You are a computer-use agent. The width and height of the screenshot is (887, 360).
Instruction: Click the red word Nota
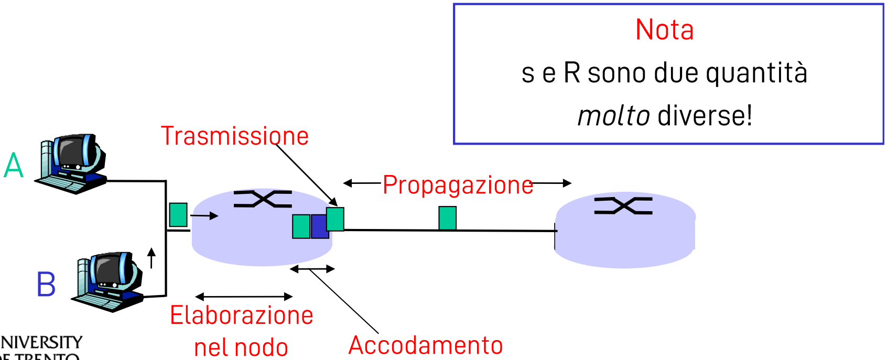664,30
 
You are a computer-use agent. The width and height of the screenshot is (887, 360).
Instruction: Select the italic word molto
613,116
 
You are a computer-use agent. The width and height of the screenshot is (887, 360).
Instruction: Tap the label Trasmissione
234,136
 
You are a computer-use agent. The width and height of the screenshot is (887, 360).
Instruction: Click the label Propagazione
458,185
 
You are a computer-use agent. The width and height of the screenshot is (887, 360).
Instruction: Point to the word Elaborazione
242,315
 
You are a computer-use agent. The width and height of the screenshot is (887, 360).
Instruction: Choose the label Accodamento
426,345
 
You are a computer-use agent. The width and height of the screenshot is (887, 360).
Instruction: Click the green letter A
14,166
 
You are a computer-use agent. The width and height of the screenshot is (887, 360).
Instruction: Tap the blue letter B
46,285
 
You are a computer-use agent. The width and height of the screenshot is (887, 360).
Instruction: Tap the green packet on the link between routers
447,218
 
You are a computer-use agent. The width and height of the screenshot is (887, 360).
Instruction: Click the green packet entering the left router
178,215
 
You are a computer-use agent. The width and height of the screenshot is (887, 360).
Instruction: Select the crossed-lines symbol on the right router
623,206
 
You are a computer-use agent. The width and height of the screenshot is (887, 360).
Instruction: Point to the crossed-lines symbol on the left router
263,199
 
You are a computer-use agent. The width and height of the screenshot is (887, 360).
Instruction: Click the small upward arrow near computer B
152,258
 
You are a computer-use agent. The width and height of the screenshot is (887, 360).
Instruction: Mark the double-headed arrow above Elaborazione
244,297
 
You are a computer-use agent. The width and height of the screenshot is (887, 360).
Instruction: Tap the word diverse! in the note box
705,116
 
